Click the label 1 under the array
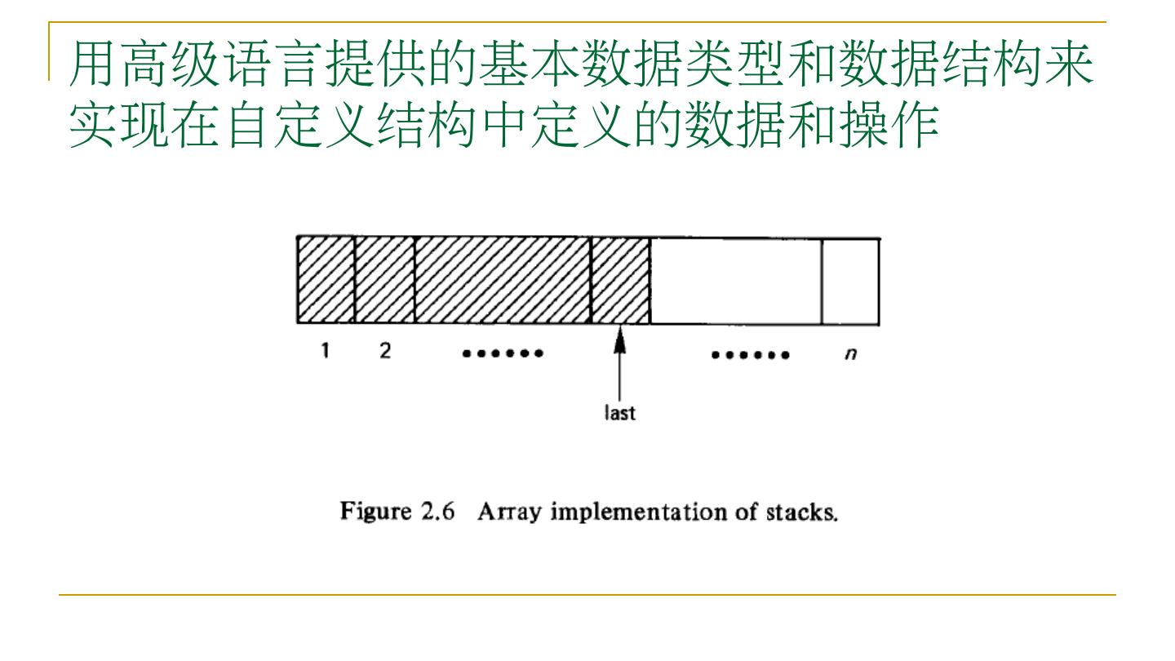(326, 353)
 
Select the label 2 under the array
(384, 353)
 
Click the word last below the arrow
(621, 413)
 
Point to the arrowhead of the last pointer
(621, 336)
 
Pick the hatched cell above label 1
(326, 280)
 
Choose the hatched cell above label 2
(385, 280)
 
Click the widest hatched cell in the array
(503, 280)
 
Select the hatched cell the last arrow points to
(620, 280)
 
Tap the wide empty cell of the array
(736, 280)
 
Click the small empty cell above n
(850, 280)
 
